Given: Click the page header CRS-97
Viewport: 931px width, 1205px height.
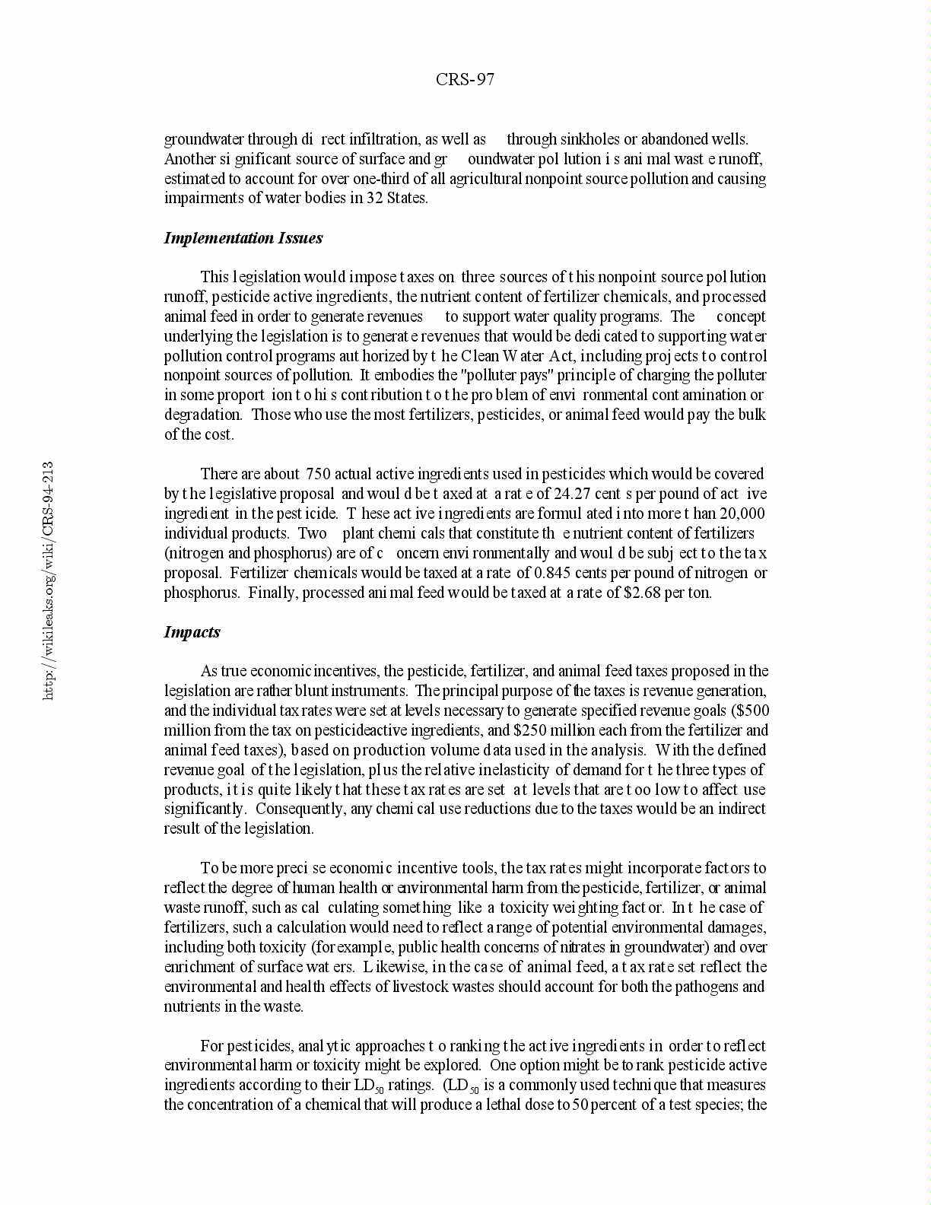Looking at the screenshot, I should click(465, 80).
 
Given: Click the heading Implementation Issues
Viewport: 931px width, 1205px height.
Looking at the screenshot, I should click(243, 238).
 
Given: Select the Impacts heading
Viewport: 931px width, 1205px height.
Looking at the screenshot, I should click(192, 632).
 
